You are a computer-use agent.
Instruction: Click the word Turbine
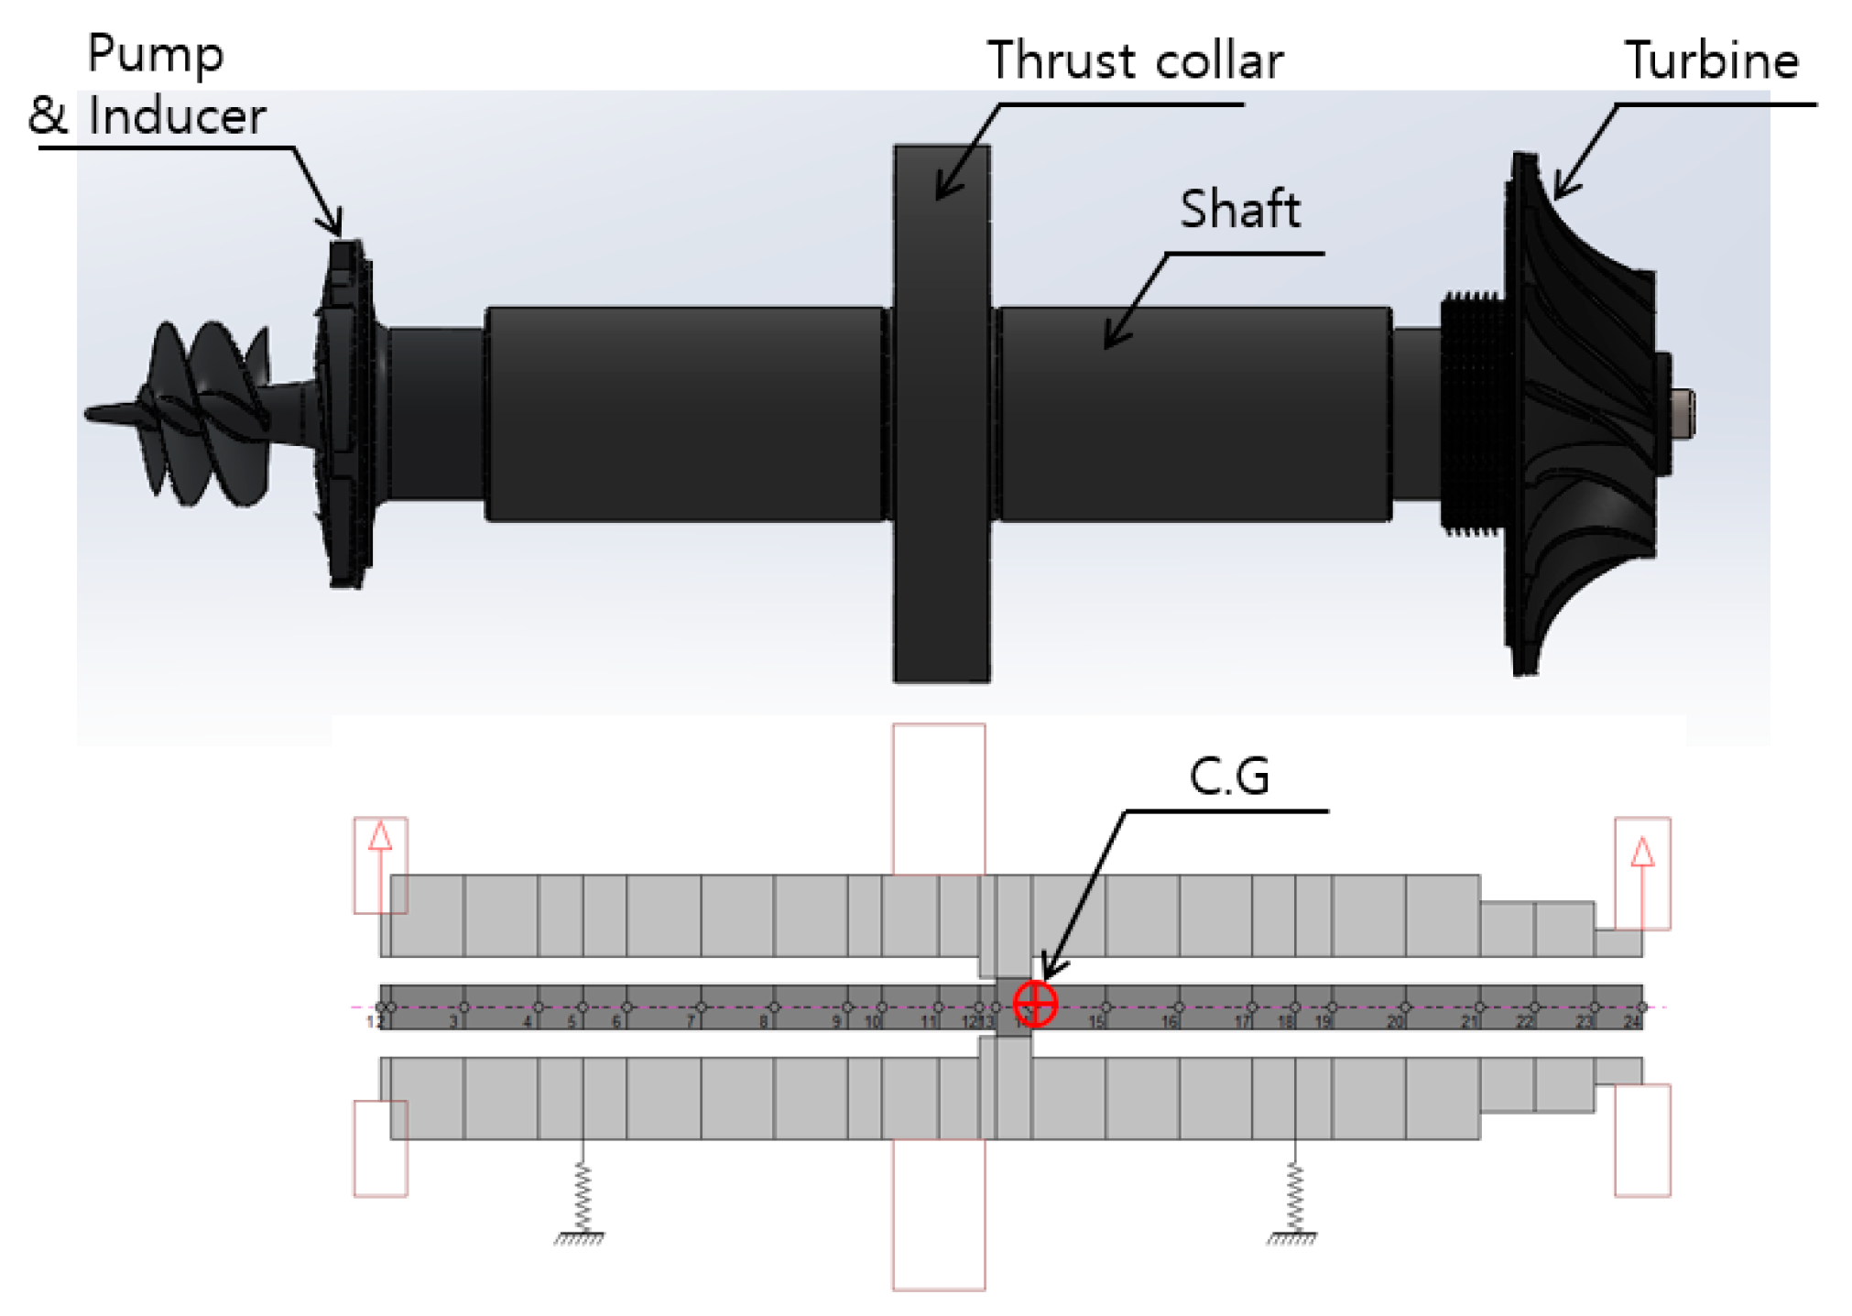tap(1710, 60)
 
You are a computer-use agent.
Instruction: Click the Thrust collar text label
tap(1134, 60)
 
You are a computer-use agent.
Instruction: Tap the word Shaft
tap(1238, 209)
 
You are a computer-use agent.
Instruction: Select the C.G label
tap(1228, 777)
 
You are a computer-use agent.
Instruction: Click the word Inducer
tap(177, 116)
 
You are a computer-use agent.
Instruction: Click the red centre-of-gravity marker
tap(1035, 1003)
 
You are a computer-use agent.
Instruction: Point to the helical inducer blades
tap(202, 412)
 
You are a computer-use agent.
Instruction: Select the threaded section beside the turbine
tap(1471, 412)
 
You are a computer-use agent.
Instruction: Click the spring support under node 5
tap(581, 1200)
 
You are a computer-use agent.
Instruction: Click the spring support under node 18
tap(1292, 1200)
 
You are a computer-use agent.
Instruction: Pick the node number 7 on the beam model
tap(692, 1021)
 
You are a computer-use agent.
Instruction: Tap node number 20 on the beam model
tap(1394, 1021)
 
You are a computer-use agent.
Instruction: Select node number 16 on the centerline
tap(1170, 1021)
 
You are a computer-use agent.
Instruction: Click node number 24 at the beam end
tap(1631, 1021)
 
